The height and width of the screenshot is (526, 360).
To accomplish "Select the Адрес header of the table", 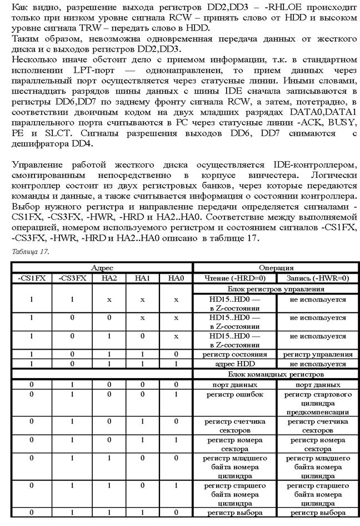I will pos(102,268).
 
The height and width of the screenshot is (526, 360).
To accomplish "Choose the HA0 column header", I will pos(176,279).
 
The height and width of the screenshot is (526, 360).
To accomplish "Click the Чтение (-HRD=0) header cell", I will pos(234,279).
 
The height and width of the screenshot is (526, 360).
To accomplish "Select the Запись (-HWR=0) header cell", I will pos(317,279).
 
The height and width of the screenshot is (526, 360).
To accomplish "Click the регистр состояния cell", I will pos(234,354).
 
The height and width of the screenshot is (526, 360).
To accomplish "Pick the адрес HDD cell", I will pos(234,364).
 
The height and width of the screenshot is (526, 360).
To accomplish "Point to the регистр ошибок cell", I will pos(234,395).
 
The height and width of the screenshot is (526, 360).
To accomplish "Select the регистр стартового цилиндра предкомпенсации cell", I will pos(317,403).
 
